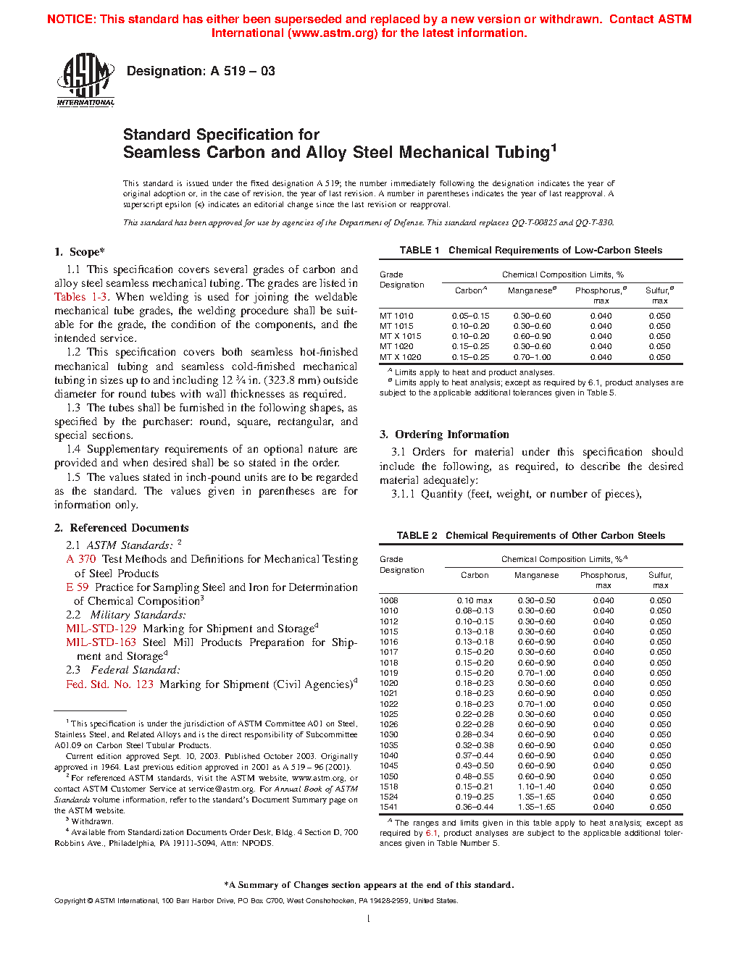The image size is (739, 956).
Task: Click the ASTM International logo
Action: (x=85, y=80)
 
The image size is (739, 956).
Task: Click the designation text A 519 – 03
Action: (x=201, y=71)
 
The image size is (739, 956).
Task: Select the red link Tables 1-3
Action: (x=81, y=297)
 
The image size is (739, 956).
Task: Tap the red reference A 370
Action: (x=81, y=559)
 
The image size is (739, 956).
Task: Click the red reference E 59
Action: (x=77, y=587)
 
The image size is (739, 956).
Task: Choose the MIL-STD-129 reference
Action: (x=101, y=629)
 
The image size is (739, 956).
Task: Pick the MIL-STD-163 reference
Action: (x=101, y=642)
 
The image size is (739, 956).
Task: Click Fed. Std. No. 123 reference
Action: (x=109, y=684)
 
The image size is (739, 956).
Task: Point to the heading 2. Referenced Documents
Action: (x=121, y=528)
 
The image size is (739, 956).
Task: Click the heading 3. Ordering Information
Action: (x=444, y=435)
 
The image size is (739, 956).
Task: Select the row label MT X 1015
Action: (x=400, y=336)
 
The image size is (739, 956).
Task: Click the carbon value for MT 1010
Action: (x=470, y=316)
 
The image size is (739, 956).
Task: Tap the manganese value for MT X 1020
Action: (x=532, y=357)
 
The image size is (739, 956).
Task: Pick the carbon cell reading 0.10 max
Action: (x=475, y=600)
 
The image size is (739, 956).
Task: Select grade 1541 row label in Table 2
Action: (x=389, y=807)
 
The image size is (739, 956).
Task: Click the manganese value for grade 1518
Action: (x=536, y=787)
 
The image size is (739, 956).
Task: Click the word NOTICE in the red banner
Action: (x=71, y=20)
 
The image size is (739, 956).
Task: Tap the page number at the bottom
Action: (x=369, y=919)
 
